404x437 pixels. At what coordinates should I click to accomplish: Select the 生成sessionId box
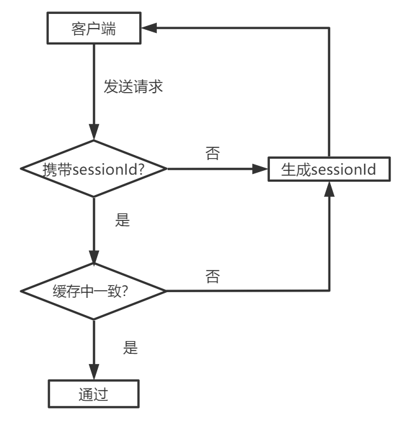(x=328, y=170)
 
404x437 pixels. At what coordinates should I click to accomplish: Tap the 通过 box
(x=94, y=394)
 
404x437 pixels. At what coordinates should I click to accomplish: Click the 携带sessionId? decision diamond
(x=94, y=170)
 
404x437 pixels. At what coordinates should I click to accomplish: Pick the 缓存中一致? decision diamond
(x=94, y=292)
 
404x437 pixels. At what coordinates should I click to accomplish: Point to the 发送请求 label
(x=134, y=88)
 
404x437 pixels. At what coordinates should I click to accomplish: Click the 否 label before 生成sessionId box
(x=213, y=153)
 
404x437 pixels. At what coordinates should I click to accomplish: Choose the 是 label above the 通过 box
(x=130, y=347)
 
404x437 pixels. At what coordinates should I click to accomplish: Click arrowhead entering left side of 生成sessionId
(x=259, y=170)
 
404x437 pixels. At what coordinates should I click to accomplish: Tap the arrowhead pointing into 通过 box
(x=94, y=374)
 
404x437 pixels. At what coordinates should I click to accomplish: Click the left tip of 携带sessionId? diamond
(x=22, y=170)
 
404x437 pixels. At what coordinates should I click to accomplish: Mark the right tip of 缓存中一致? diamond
(x=166, y=292)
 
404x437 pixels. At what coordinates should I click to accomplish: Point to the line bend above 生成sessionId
(x=328, y=28)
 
